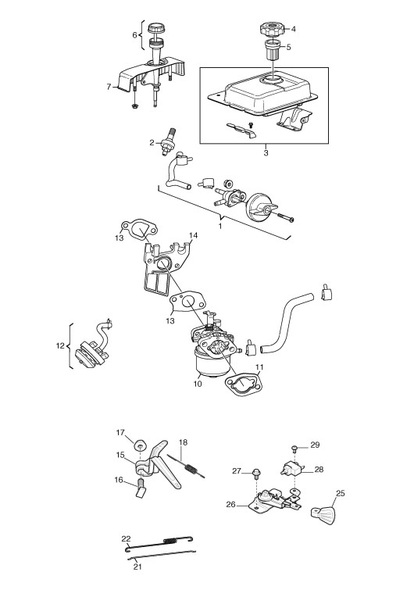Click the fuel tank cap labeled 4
pos(270,29)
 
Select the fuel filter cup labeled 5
pos(273,50)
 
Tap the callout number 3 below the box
pos(266,153)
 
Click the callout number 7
pos(109,87)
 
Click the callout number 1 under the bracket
pos(220,226)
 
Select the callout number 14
pos(193,235)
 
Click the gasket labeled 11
pos(243,384)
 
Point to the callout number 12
pos(60,345)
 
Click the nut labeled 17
pos(141,445)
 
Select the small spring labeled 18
pos(186,467)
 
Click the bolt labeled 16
pos(141,488)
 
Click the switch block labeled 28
pos(291,469)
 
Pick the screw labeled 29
pos(294,448)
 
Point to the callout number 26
pos(231,504)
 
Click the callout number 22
pos(126,539)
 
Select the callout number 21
pos(137,566)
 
